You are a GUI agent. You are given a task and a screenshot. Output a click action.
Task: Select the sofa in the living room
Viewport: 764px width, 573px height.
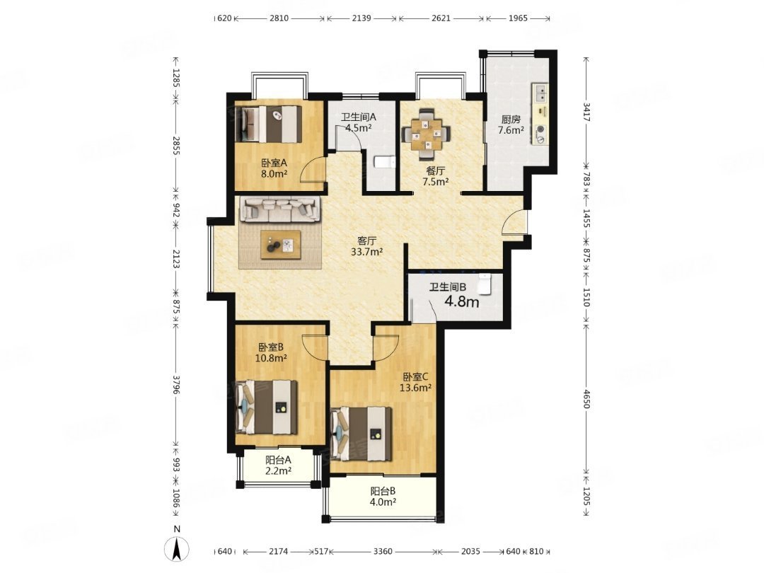click(280, 209)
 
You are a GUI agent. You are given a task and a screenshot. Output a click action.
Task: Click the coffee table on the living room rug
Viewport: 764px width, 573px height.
click(281, 244)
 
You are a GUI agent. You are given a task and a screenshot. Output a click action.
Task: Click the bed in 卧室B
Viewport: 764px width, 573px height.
click(267, 407)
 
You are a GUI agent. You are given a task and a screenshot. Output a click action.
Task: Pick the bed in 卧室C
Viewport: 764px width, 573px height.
click(361, 434)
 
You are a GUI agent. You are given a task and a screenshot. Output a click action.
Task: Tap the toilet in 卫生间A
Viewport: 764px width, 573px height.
click(384, 163)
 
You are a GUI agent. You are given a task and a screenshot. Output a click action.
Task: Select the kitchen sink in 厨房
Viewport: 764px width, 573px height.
click(541, 93)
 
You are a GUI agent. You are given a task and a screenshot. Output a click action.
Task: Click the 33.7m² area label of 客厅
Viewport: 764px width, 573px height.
click(366, 252)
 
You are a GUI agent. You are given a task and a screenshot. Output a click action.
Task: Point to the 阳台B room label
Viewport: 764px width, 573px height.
click(383, 491)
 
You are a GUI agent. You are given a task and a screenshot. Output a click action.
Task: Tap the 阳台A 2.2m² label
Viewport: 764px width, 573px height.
click(278, 465)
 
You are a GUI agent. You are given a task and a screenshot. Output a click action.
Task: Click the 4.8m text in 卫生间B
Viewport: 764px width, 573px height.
click(462, 302)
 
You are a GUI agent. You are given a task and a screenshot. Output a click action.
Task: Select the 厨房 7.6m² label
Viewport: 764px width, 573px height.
click(511, 125)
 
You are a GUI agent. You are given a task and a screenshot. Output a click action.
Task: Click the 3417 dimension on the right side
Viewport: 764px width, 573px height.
click(586, 112)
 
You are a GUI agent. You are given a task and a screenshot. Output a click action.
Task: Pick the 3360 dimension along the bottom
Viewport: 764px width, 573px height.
click(383, 552)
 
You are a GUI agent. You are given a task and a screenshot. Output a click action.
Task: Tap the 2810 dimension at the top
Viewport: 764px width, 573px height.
click(279, 18)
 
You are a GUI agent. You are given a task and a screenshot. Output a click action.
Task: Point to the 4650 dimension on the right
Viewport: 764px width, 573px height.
click(586, 399)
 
